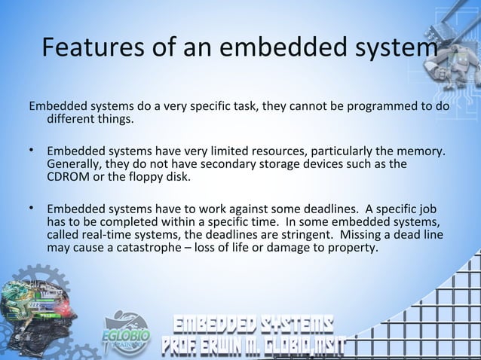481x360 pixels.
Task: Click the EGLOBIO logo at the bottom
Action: click(x=126, y=331)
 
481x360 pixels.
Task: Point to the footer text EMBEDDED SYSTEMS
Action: click(x=254, y=326)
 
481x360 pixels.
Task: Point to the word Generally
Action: click(x=75, y=164)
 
